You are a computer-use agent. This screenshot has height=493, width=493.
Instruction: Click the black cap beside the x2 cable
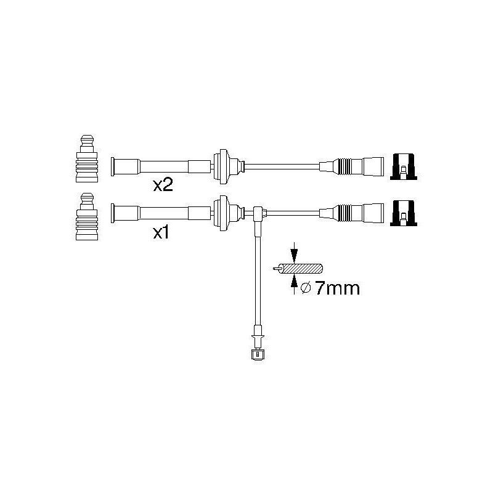pos(404,166)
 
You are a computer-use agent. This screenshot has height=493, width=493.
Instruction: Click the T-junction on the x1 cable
pos(259,213)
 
